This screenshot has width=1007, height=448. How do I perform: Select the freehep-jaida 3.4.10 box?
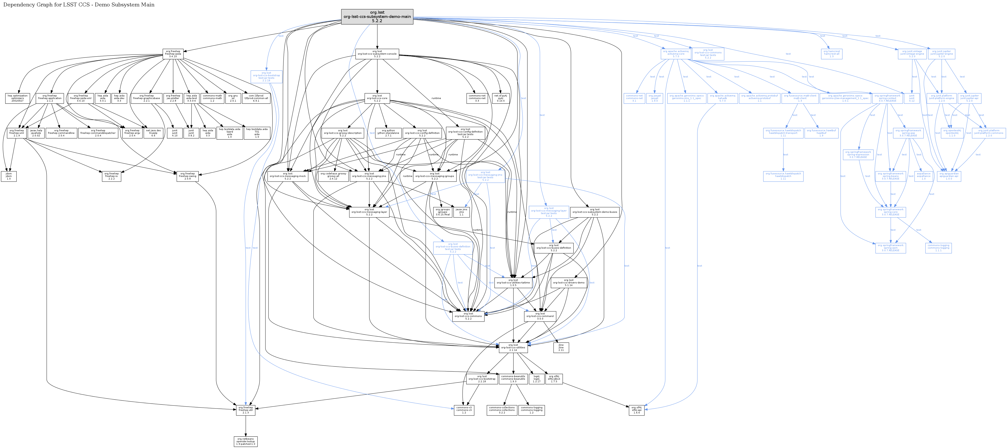pos(173,54)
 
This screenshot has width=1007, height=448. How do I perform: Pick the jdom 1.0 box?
pos(9,176)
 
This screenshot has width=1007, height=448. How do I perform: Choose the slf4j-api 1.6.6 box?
pos(636,410)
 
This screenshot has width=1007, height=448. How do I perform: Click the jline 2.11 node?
pos(561,348)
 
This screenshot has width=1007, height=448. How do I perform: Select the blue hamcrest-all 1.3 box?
pos(831,54)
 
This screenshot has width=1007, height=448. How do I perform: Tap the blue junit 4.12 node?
pos(912,98)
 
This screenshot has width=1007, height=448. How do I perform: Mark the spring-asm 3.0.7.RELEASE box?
pos(891,248)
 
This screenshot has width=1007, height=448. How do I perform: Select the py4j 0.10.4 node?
pos(500,98)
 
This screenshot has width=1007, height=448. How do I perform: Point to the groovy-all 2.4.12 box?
pos(333,176)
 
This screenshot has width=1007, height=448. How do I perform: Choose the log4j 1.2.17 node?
pos(536,379)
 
